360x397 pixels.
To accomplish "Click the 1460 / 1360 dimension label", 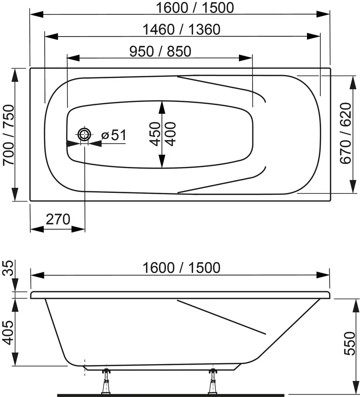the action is coord(182,30).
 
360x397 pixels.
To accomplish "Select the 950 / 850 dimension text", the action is coord(160,51).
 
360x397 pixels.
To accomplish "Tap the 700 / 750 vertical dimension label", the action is coord(8,135).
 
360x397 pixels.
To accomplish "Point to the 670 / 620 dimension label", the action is coord(346,134).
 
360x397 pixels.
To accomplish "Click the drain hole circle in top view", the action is coord(84,134).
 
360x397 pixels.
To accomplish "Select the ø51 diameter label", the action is coord(113,135).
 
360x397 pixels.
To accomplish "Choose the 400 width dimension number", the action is coord(170,134).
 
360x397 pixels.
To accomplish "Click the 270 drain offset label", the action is coord(58,219).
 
